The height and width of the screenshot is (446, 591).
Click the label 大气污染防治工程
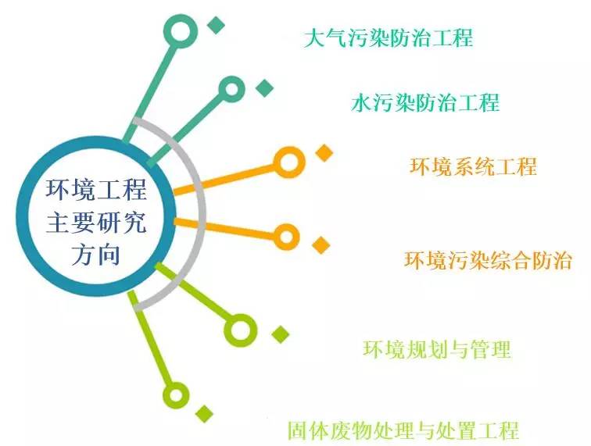click(388, 37)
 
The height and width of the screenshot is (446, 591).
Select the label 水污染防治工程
click(425, 102)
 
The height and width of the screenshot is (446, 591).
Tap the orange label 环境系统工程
click(473, 166)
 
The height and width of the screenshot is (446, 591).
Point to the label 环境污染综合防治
click(488, 260)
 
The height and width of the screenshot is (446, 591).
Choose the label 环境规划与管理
click(436, 349)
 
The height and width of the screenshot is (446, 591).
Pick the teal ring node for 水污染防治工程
click(231, 90)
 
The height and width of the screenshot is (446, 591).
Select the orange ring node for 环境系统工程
click(288, 162)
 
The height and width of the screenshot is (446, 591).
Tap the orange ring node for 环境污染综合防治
click(286, 235)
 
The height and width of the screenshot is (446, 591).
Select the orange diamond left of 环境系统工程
click(324, 153)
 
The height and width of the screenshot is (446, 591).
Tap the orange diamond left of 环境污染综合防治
click(321, 245)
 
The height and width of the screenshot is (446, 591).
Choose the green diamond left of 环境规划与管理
click(280, 334)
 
